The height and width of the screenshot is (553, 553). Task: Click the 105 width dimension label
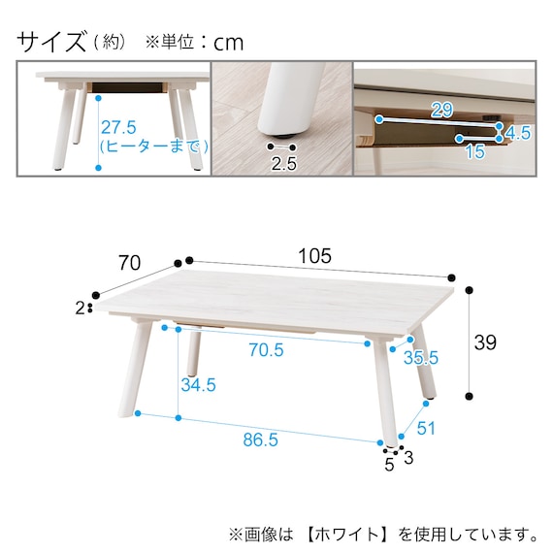[x=315, y=256]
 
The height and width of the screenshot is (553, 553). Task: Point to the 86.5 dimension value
[x=260, y=439]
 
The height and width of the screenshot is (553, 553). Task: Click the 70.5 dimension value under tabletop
[x=265, y=350]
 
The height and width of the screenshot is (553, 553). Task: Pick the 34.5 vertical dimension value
[x=197, y=385]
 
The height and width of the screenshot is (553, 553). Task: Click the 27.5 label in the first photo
[x=119, y=127]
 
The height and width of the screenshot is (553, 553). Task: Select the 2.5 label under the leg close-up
[x=283, y=163]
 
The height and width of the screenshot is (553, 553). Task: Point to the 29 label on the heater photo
[x=441, y=110]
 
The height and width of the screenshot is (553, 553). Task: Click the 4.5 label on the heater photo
[x=519, y=133]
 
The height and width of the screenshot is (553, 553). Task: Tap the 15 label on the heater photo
[x=473, y=153]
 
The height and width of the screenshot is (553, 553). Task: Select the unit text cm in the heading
[x=229, y=43]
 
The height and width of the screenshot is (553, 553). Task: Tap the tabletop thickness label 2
[x=80, y=309]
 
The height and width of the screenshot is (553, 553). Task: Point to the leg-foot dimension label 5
[x=389, y=464]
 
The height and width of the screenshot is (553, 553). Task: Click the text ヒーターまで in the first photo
[x=156, y=146]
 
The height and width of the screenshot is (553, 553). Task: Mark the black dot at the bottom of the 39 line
[x=470, y=396]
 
